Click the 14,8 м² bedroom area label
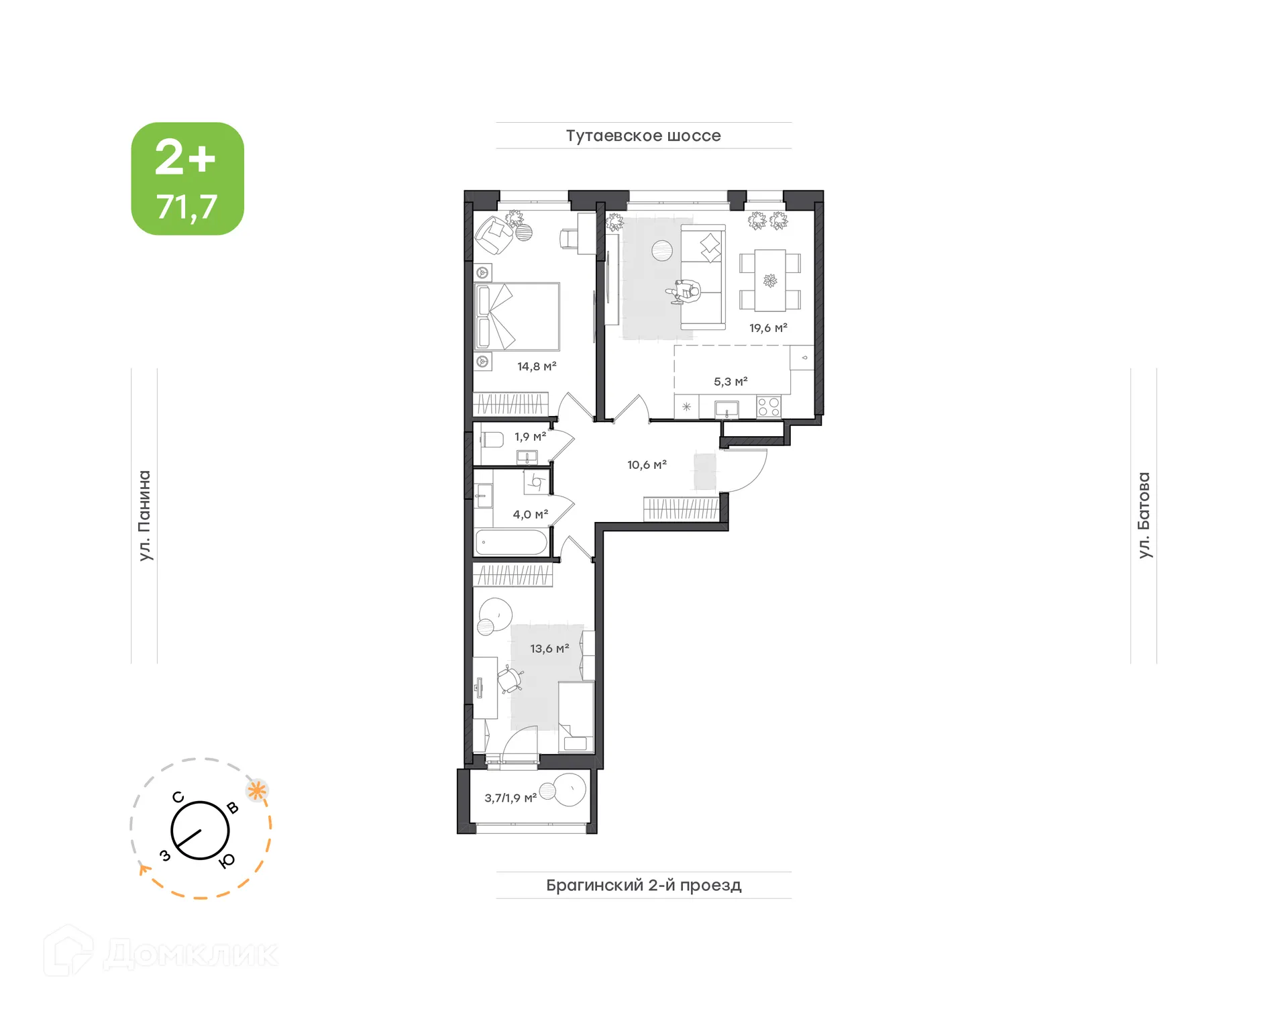(x=536, y=366)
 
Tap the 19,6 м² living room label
(x=767, y=328)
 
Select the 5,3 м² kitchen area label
(x=730, y=382)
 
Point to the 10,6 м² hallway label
(x=646, y=465)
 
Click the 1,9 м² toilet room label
(x=530, y=437)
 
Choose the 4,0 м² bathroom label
(x=530, y=515)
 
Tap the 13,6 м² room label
(x=549, y=649)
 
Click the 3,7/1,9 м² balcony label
(x=511, y=798)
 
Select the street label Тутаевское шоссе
(x=643, y=136)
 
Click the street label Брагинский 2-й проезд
(x=643, y=885)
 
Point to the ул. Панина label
(x=144, y=515)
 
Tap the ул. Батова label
(x=1144, y=515)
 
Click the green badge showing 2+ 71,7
(x=187, y=178)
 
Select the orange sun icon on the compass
(x=257, y=790)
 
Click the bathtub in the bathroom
(x=511, y=543)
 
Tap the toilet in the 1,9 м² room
(x=492, y=440)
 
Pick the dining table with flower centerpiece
(x=769, y=280)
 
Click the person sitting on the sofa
(x=686, y=292)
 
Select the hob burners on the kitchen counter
(x=768, y=407)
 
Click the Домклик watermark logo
(x=161, y=953)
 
